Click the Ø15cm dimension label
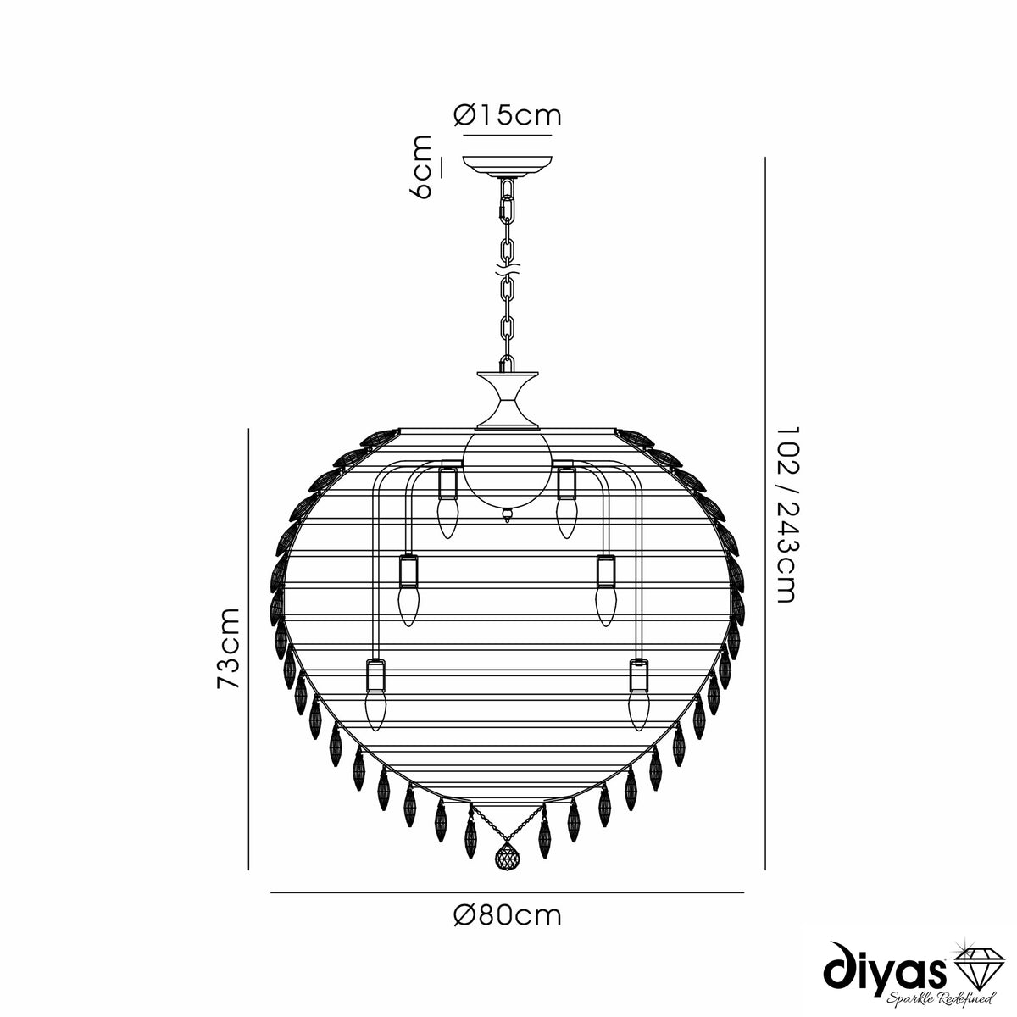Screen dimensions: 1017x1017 point(507,116)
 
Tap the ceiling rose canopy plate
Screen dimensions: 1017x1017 point(507,166)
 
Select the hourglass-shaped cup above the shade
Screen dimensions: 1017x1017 point(507,401)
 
